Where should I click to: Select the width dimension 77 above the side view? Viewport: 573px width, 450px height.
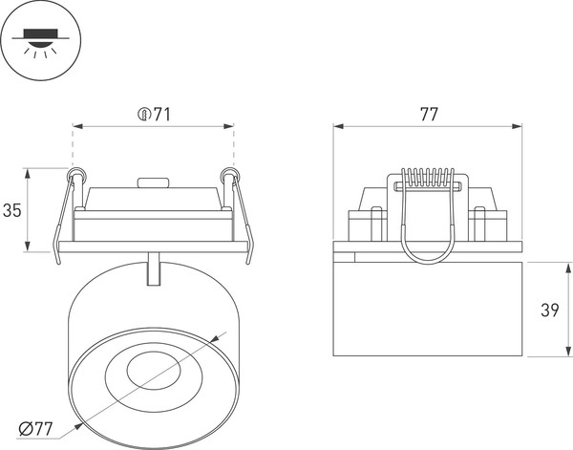click(429, 115)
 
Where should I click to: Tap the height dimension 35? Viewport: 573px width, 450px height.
click(11, 211)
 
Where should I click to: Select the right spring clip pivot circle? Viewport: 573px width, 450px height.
click(227, 175)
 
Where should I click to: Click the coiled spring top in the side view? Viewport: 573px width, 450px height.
click(427, 178)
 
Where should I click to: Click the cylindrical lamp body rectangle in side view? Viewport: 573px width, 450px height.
click(428, 306)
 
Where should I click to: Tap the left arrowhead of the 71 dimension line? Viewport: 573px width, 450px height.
click(77, 125)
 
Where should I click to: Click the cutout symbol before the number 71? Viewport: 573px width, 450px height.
click(143, 115)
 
